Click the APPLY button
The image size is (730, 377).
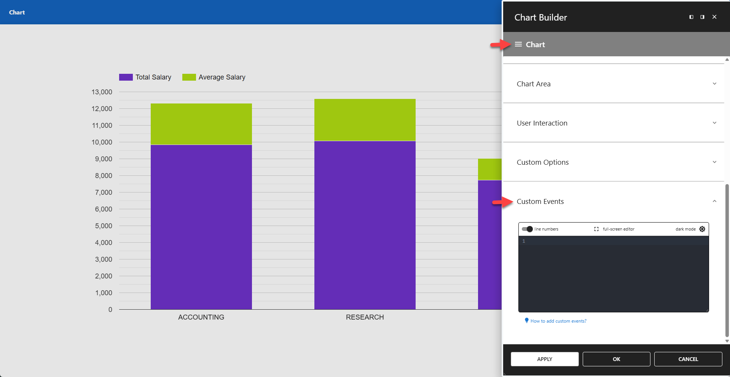544,359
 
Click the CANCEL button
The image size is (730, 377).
688,359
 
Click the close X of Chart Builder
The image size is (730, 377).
714,17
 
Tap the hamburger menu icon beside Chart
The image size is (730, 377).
518,45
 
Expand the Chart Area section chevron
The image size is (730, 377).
714,84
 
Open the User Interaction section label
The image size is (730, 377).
542,123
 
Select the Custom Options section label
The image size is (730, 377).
542,162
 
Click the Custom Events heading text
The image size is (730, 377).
540,201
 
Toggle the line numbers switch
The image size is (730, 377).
527,229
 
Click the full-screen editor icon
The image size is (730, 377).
596,229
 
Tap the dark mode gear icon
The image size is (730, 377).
702,229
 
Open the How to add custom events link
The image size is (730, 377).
558,321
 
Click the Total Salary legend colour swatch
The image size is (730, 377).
126,77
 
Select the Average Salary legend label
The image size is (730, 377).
222,77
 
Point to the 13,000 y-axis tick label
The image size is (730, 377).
102,92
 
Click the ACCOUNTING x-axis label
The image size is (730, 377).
201,317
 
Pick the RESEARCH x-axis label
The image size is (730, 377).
365,317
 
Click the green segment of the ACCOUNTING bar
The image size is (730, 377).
201,124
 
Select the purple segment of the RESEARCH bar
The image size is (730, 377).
365,224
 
